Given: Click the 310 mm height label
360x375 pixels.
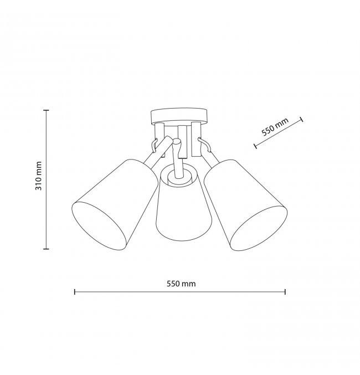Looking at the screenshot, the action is click(x=38, y=176).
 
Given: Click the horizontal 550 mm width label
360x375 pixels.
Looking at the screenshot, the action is click(x=181, y=284).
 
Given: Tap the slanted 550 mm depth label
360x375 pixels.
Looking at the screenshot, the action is click(x=275, y=127).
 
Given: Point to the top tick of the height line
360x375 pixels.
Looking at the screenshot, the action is click(x=46, y=110).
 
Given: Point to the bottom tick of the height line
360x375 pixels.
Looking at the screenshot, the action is click(x=46, y=249).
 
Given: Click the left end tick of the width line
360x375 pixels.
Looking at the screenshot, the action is click(x=75, y=292).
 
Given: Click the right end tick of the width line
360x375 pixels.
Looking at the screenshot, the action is click(x=285, y=292).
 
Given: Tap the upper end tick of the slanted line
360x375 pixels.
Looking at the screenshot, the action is click(x=302, y=119).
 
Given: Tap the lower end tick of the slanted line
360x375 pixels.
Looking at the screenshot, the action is click(x=255, y=146).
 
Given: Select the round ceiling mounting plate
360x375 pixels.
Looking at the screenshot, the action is click(x=179, y=117).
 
